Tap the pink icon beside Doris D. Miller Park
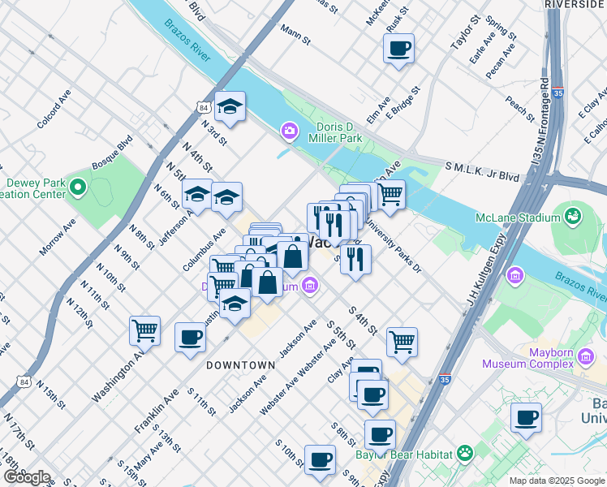coord(288,131)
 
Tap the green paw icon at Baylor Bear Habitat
coord(465,452)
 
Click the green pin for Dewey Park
coord(78,188)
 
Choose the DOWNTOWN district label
coord(240,365)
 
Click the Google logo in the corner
coord(27,477)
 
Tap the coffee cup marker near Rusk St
coord(398,49)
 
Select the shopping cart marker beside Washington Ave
coord(144,331)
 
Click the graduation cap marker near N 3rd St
coord(230,107)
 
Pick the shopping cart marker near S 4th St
coord(402,342)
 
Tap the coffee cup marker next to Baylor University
coord(526,419)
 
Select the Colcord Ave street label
coord(54,108)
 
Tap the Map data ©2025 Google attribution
coord(557,481)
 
